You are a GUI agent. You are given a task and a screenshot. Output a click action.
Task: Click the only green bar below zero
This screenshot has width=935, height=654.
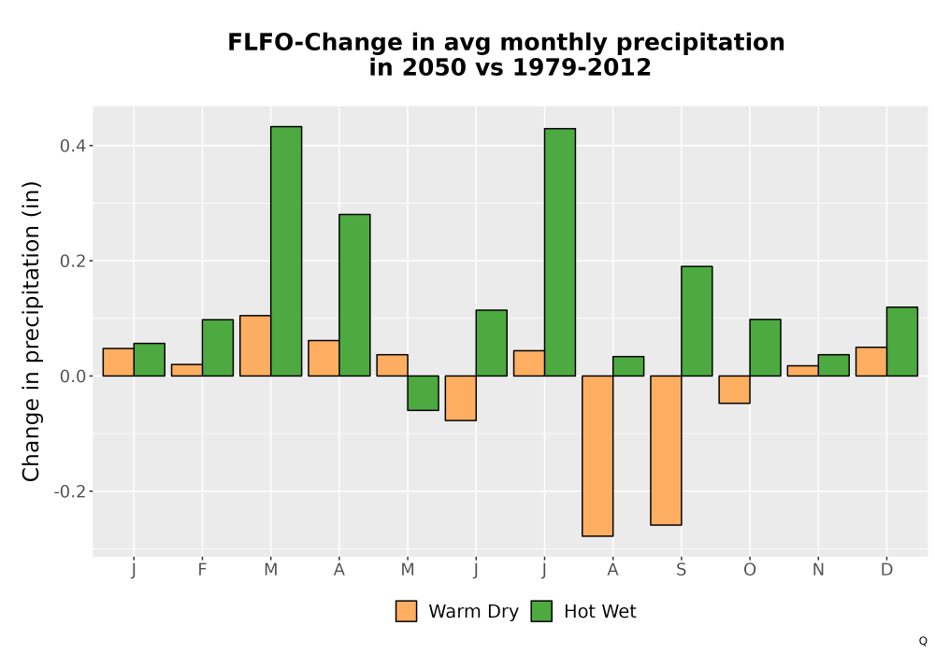pos(423,393)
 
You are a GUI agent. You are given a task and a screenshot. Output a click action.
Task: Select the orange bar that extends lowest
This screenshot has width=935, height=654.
pos(597,456)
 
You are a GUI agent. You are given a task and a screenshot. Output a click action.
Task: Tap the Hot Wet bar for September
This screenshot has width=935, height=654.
pos(697,321)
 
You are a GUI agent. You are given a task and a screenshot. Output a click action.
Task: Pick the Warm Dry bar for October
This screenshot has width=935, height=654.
pos(734,390)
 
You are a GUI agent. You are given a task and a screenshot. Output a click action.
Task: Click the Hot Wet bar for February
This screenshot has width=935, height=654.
pos(218,348)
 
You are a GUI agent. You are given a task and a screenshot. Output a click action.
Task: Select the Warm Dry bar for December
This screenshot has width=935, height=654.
pos(871,362)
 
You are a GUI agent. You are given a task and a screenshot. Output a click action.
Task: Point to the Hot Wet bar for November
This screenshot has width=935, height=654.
pos(834,365)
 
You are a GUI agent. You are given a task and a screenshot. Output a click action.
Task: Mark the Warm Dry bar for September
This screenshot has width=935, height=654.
pos(666,450)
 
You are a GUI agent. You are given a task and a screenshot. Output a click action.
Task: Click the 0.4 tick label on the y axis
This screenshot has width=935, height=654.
pos(72,146)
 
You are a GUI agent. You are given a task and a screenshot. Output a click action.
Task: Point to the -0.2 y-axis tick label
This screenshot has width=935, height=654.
pos(70,491)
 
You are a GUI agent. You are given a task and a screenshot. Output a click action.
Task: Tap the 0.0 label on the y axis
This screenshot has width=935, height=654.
pos(72,377)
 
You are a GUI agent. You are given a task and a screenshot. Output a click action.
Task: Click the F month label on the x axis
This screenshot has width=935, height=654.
pos(202,570)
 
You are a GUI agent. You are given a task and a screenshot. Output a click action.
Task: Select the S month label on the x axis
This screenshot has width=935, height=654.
pos(681,570)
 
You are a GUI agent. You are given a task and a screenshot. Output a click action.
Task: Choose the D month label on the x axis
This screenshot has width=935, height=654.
pos(886,570)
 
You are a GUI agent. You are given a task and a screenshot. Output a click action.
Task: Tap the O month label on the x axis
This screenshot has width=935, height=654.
pos(750,570)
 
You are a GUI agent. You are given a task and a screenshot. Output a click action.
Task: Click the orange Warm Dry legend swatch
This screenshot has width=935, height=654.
pos(406,611)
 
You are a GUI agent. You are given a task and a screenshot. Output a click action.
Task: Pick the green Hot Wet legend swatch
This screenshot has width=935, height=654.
pos(541,611)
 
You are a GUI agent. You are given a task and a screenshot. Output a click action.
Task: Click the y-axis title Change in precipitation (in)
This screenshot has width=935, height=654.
pos(31,331)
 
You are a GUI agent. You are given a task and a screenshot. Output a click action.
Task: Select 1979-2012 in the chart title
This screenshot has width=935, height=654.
pos(582,67)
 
